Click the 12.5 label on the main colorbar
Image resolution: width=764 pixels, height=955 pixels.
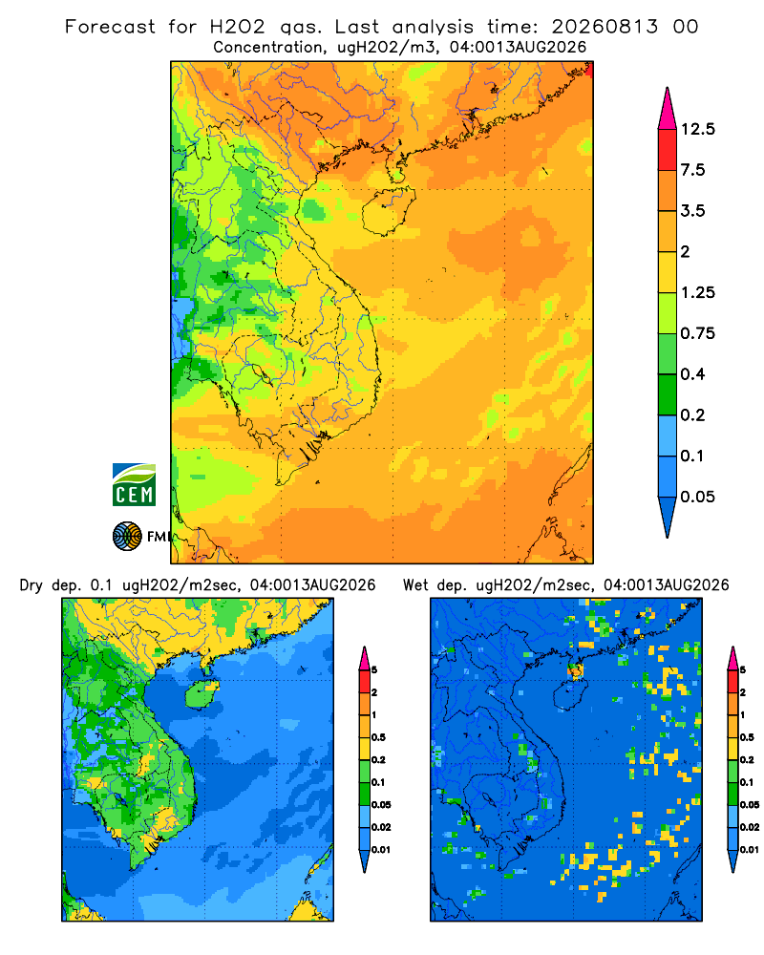(697, 129)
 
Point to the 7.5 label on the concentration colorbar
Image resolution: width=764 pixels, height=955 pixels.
(692, 170)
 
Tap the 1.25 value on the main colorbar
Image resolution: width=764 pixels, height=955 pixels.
(697, 292)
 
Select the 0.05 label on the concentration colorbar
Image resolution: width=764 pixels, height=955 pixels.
(697, 497)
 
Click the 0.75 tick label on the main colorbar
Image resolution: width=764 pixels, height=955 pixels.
(697, 333)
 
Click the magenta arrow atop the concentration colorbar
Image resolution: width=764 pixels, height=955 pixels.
(668, 109)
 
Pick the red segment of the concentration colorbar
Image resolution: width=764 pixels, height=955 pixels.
(668, 150)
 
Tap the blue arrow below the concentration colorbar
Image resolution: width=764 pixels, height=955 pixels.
(668, 517)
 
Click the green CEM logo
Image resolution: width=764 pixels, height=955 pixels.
(134, 485)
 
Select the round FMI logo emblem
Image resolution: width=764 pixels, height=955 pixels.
(127, 536)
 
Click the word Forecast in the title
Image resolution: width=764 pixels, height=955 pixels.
(110, 27)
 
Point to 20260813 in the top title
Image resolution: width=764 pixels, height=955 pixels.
(605, 27)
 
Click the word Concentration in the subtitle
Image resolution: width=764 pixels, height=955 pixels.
(267, 48)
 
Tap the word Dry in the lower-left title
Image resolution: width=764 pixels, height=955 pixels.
(32, 585)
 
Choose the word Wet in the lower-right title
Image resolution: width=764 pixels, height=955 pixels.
(416, 585)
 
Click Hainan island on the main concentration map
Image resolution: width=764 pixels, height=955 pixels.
(388, 211)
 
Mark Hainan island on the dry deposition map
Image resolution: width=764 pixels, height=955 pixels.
(202, 694)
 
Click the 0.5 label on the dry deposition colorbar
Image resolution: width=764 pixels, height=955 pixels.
(378, 737)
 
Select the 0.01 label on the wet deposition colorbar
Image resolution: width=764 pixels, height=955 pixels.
(750, 850)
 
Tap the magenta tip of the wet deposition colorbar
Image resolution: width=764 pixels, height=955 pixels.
(732, 658)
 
